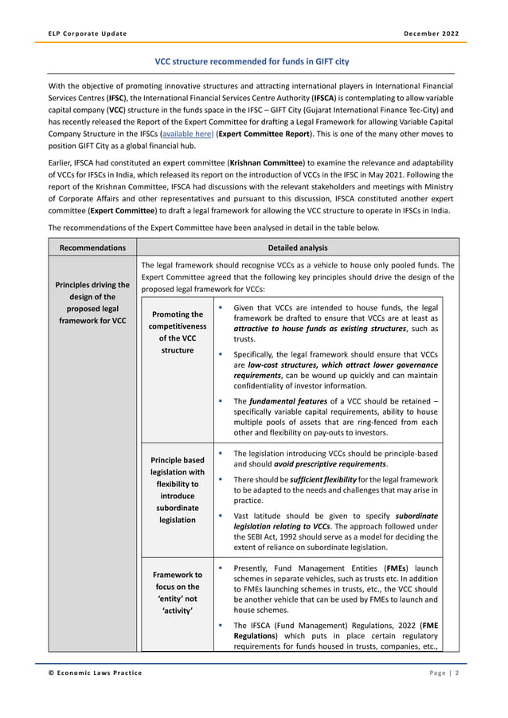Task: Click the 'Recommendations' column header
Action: pos(92,248)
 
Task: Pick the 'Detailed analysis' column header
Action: pos(298,248)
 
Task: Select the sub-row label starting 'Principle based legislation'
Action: pos(177,490)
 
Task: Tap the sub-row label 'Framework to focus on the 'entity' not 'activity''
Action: pos(177,591)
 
